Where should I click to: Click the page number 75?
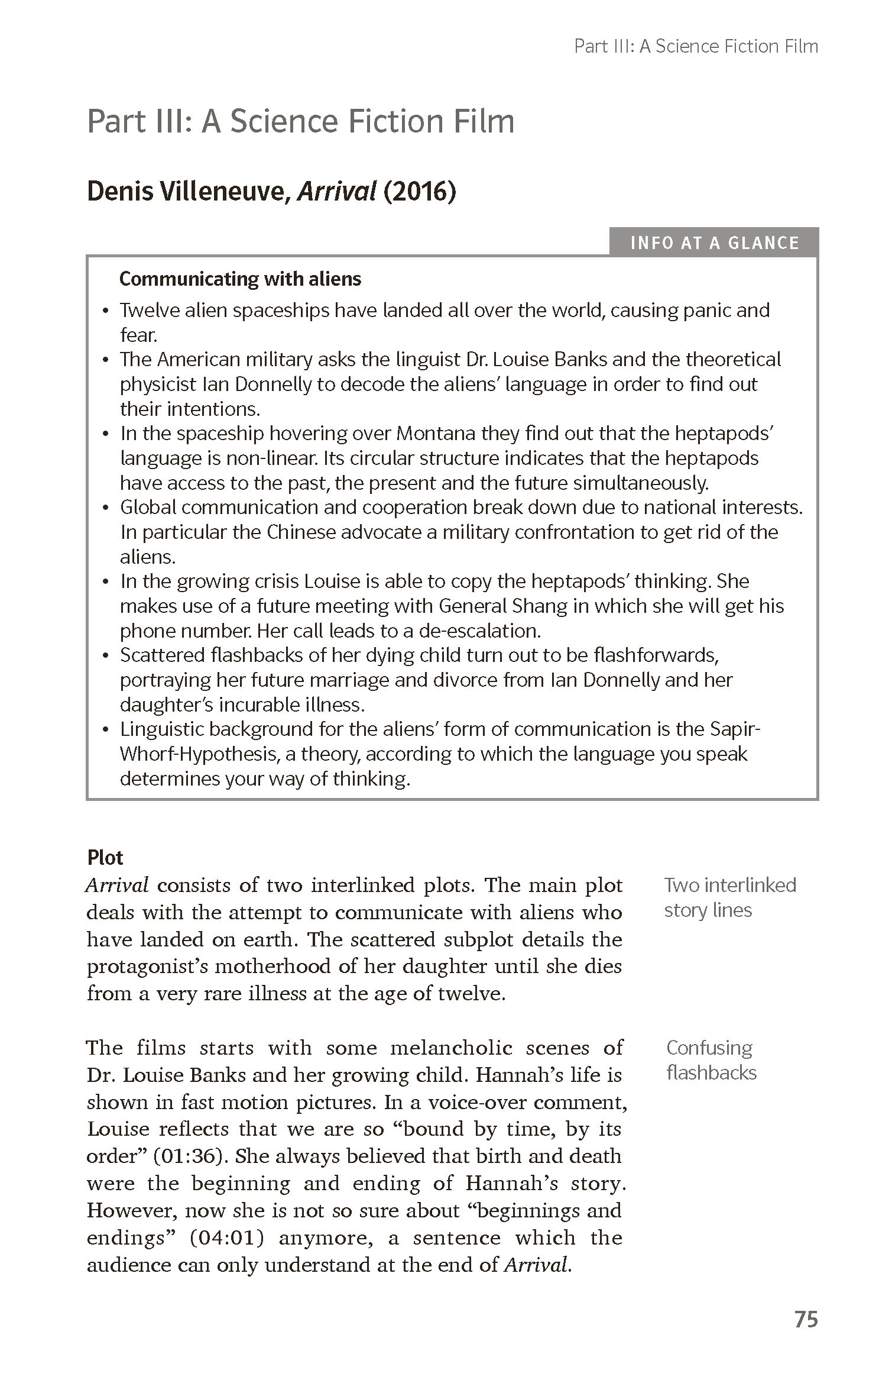coord(806,1319)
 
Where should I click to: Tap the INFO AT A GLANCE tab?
coord(714,243)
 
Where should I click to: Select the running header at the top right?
coord(696,47)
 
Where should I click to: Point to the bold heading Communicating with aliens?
coord(240,279)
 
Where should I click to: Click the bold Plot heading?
coord(105,858)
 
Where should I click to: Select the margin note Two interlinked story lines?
coord(730,897)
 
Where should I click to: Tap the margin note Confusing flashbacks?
coord(711,1060)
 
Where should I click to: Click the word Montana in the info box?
coord(436,434)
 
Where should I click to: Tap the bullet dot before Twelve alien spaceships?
coord(106,311)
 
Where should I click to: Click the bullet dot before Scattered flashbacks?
coord(106,656)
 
